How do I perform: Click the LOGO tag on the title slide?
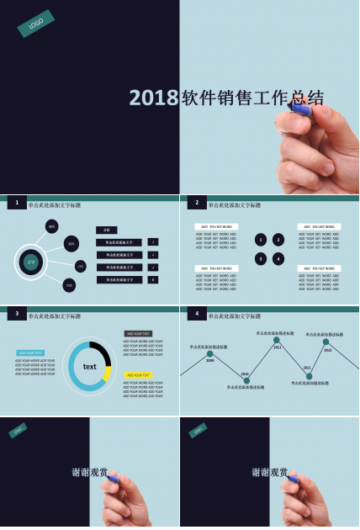tap(35, 24)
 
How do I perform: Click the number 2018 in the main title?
tap(154, 98)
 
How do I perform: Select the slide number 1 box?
tap(17, 203)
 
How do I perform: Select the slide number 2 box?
tap(197, 203)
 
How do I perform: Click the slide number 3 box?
tap(17, 314)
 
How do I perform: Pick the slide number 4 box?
tap(197, 314)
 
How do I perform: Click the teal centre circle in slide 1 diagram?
tap(31, 262)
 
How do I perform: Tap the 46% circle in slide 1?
tap(52, 226)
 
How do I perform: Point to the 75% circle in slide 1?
tap(69, 285)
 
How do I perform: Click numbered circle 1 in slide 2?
tap(261, 240)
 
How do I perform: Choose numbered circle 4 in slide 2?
tap(278, 258)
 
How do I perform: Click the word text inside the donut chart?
tap(89, 367)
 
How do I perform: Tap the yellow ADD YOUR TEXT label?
tap(139, 375)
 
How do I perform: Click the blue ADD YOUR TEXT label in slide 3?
tap(30, 353)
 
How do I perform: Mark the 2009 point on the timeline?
tap(210, 354)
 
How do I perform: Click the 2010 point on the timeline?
tap(246, 380)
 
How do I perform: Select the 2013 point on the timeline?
tap(326, 342)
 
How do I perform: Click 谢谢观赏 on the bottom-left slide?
tap(90, 473)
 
